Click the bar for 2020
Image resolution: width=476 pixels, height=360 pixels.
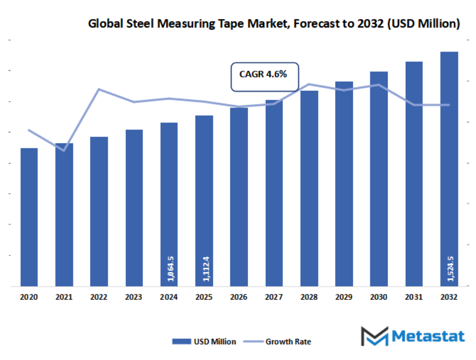click(29, 217)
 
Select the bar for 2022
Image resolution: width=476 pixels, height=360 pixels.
click(99, 212)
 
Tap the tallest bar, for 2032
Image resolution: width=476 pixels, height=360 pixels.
click(449, 169)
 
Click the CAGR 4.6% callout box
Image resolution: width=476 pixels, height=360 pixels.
click(265, 77)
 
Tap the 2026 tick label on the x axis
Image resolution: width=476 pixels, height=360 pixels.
click(239, 298)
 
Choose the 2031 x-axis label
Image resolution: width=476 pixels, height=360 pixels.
click(414, 298)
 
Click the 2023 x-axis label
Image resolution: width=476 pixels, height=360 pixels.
click(134, 298)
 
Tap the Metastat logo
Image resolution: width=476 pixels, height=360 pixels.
click(413, 336)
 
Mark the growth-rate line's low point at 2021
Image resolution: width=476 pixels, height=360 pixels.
click(64, 151)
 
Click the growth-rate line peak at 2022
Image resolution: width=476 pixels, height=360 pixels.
click(99, 89)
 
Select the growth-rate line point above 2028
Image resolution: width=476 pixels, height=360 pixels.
click(309, 84)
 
